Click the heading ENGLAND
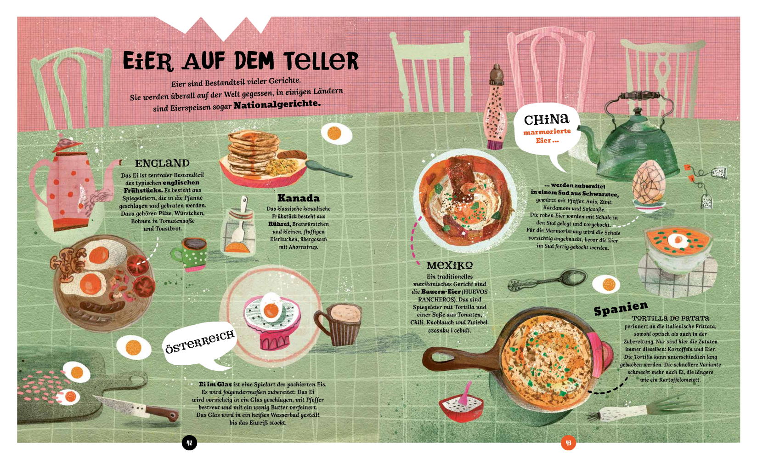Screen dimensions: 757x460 pos(162,163)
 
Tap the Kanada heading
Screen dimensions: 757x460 pos(299,198)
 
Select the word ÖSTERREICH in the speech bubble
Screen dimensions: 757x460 pos(199,342)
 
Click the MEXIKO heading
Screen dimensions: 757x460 pos(449,265)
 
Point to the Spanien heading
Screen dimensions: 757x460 pos(621,308)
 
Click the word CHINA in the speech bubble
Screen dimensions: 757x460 pos(547,119)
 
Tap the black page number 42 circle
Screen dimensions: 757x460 pos(189,443)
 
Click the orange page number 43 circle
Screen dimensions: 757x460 pos(568,443)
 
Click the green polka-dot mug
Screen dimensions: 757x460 pos(190,254)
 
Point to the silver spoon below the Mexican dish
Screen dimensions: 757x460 pos(548,281)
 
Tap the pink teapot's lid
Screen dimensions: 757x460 pos(68,145)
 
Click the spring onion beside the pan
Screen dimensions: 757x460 pos(642,410)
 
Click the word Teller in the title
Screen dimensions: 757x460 pos(321,61)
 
